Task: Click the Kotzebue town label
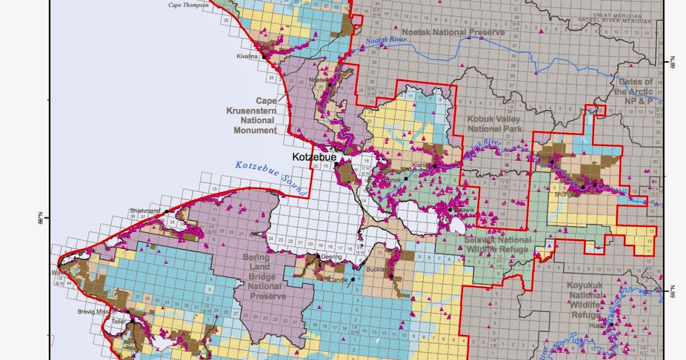[x=312, y=156]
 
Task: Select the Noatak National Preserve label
[x=453, y=32]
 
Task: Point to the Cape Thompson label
[x=188, y=5]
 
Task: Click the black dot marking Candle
[x=353, y=279]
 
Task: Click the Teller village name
[x=118, y=322]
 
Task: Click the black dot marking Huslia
[x=611, y=325]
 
